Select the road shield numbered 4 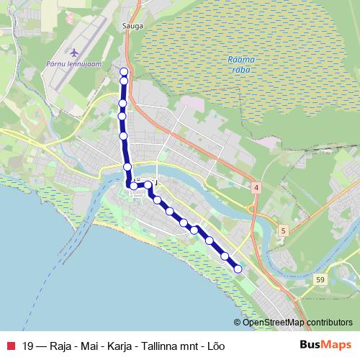256,187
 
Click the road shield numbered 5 284,230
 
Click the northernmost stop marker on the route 124,71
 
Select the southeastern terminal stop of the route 238,269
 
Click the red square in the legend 11,346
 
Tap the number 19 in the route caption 28,346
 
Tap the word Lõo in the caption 217,346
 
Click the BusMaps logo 325,345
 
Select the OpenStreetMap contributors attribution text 298,323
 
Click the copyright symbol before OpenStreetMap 238,323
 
